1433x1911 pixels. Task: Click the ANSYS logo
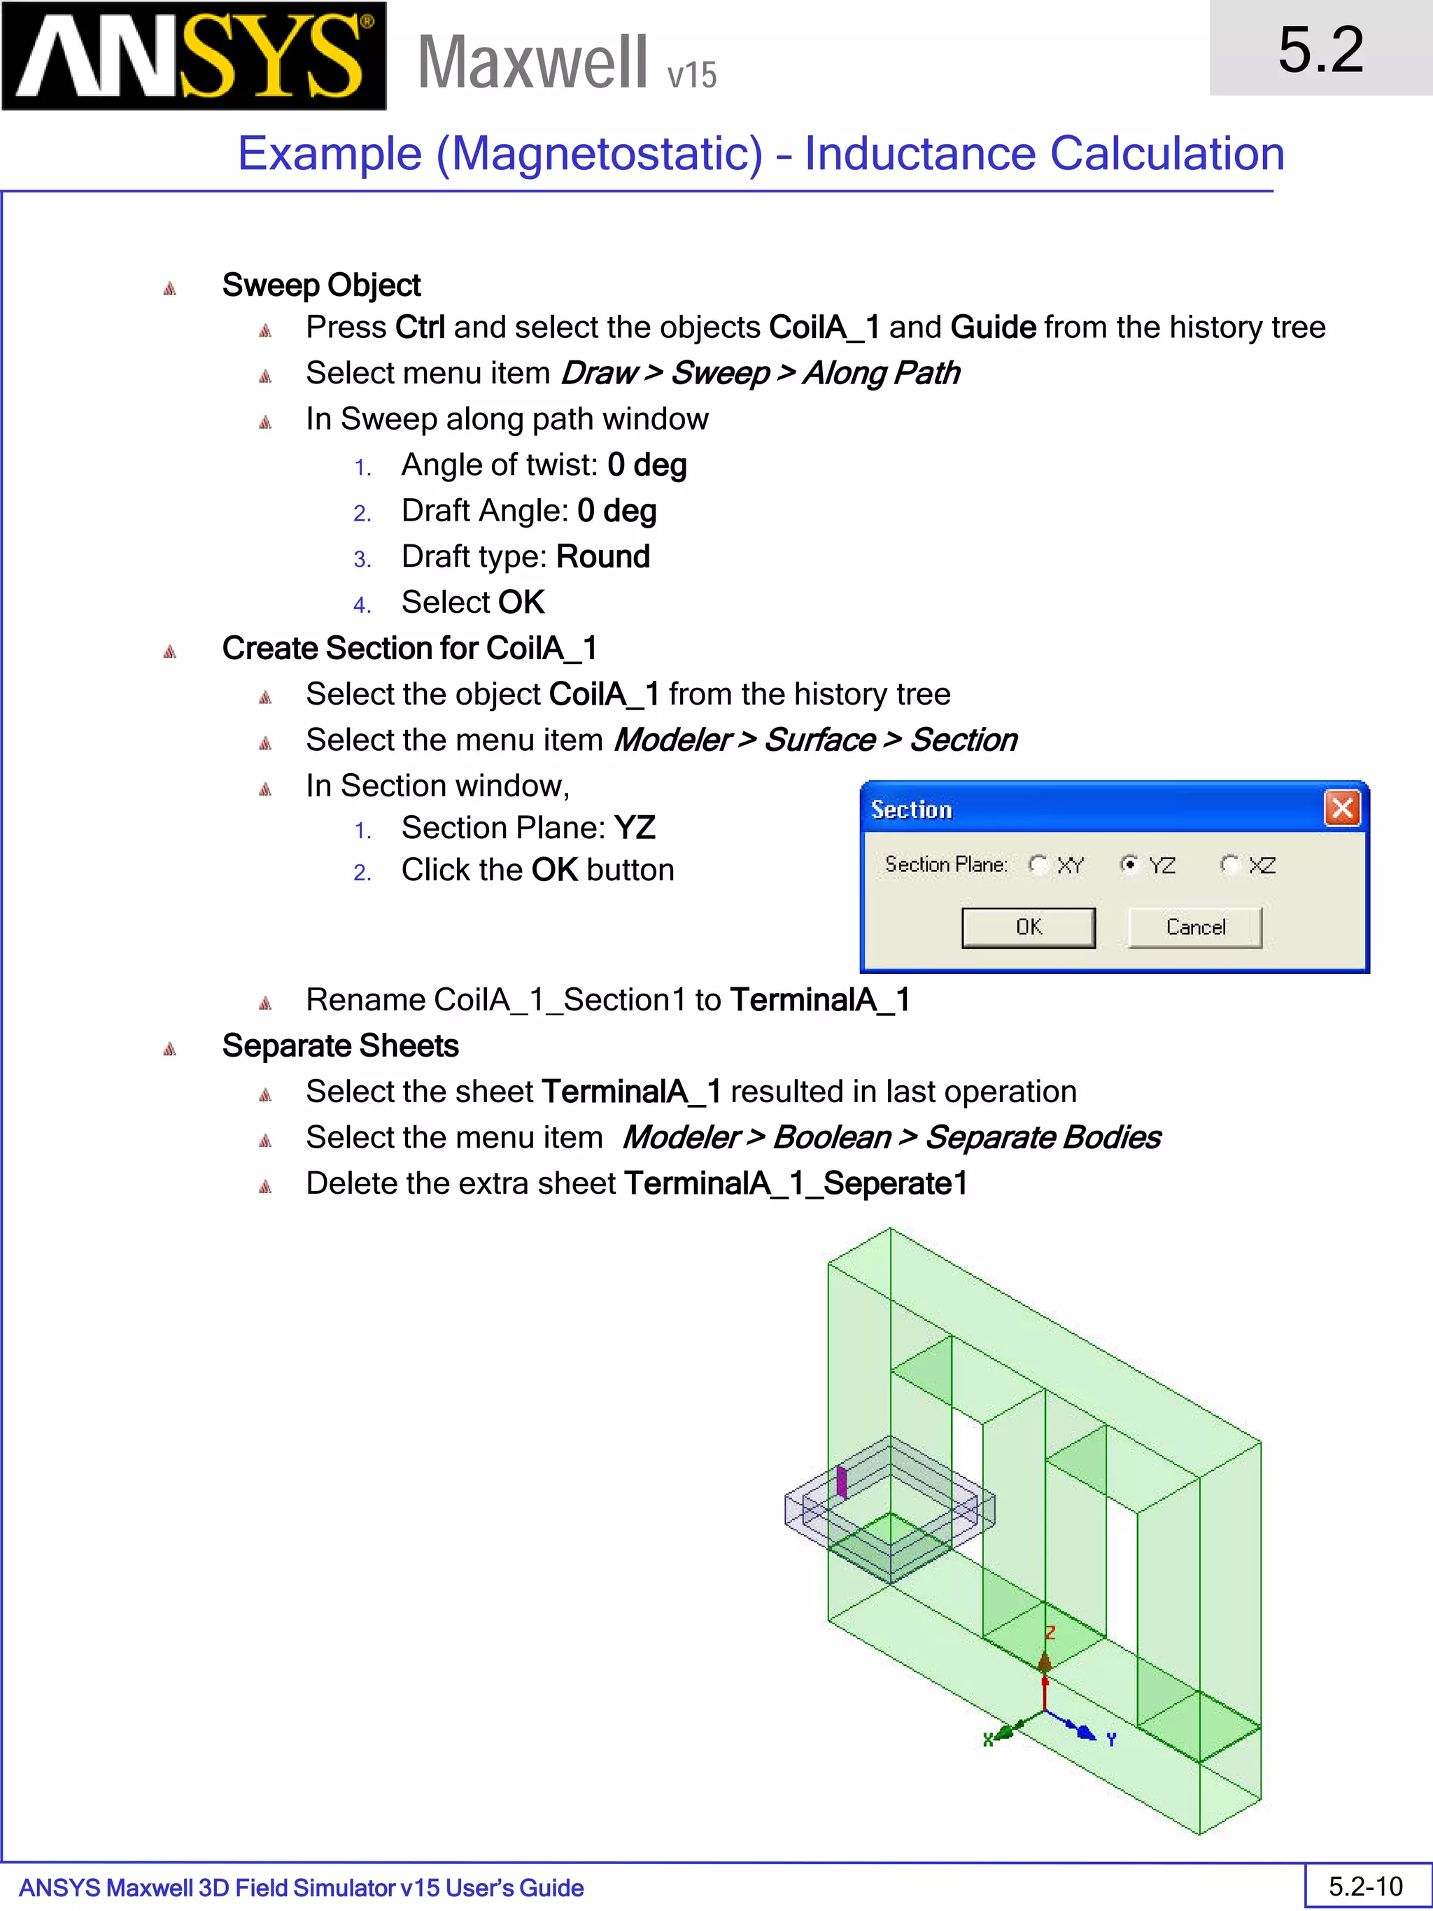194,56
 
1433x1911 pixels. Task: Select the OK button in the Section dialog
1028,927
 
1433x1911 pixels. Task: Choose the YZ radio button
1128,864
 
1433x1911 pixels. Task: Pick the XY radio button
1038,864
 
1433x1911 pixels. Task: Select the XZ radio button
1229,864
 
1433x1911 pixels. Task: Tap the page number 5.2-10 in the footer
1366,1886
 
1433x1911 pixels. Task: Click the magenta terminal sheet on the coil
841,1481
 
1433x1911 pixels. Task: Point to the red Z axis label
1050,1632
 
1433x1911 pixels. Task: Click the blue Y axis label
1112,1739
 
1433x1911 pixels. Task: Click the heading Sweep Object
321,285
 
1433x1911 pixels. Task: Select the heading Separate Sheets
340,1045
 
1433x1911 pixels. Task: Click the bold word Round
603,556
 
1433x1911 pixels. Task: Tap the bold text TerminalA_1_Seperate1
796,1183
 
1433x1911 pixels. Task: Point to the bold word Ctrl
420,327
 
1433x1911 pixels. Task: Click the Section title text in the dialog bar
911,810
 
